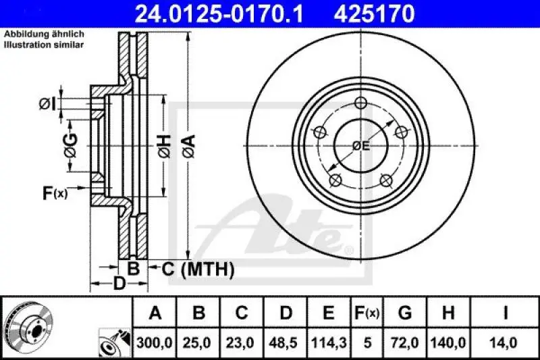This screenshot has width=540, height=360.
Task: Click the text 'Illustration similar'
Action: click(x=44, y=45)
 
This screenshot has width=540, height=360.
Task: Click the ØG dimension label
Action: click(x=71, y=144)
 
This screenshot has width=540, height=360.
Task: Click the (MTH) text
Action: click(x=207, y=270)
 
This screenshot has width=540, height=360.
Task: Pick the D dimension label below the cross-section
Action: click(x=119, y=283)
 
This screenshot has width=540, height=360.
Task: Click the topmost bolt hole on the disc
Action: click(x=360, y=103)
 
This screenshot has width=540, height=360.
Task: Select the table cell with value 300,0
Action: click(x=155, y=343)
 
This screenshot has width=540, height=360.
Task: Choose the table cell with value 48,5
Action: click(x=286, y=343)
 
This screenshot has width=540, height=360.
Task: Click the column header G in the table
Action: click(x=405, y=313)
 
